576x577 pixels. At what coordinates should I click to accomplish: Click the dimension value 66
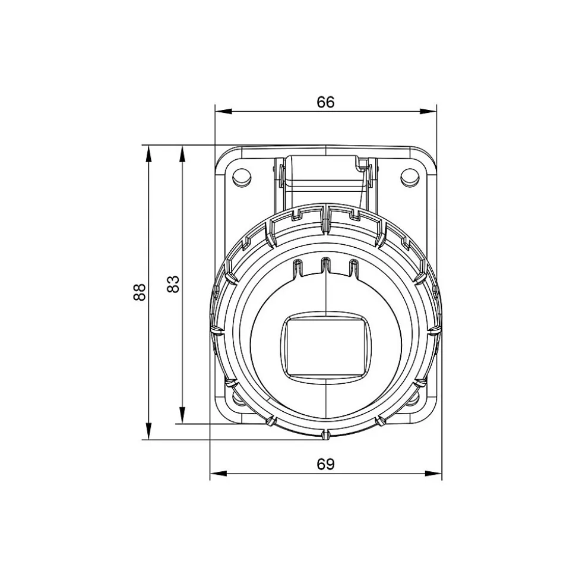[x=325, y=102]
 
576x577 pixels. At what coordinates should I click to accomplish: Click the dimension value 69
[x=325, y=465]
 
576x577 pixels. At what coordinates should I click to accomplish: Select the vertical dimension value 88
[x=140, y=292]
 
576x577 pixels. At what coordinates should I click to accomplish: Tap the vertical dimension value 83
[x=173, y=283]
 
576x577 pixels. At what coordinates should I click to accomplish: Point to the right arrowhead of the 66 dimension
[x=428, y=111]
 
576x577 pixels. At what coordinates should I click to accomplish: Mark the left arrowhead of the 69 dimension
[x=219, y=474]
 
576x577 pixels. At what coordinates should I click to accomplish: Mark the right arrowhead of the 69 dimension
[x=433, y=474]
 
